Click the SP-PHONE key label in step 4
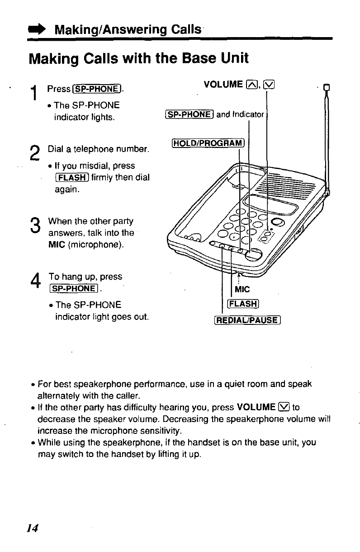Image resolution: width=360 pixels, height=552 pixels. coord(75,288)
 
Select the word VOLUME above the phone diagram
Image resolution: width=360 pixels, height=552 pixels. coord(223,85)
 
